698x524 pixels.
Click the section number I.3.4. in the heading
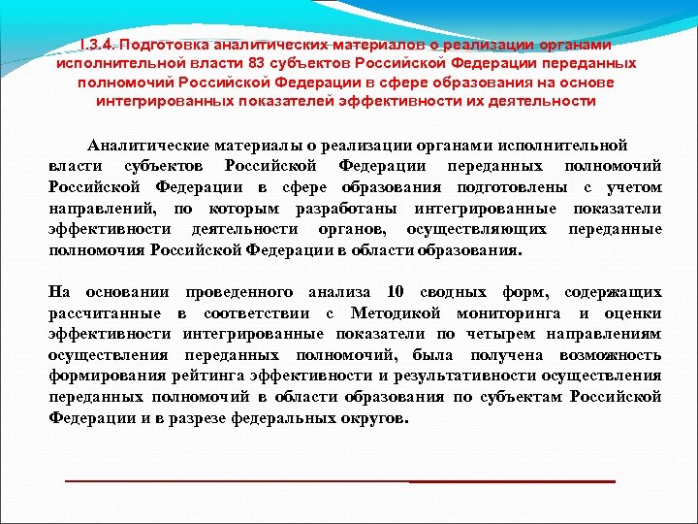[x=101, y=45]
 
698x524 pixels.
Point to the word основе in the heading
[x=590, y=82]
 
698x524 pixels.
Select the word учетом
[x=634, y=187]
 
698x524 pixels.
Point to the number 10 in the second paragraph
[x=394, y=291]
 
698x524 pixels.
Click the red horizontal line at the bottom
[x=339, y=481]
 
